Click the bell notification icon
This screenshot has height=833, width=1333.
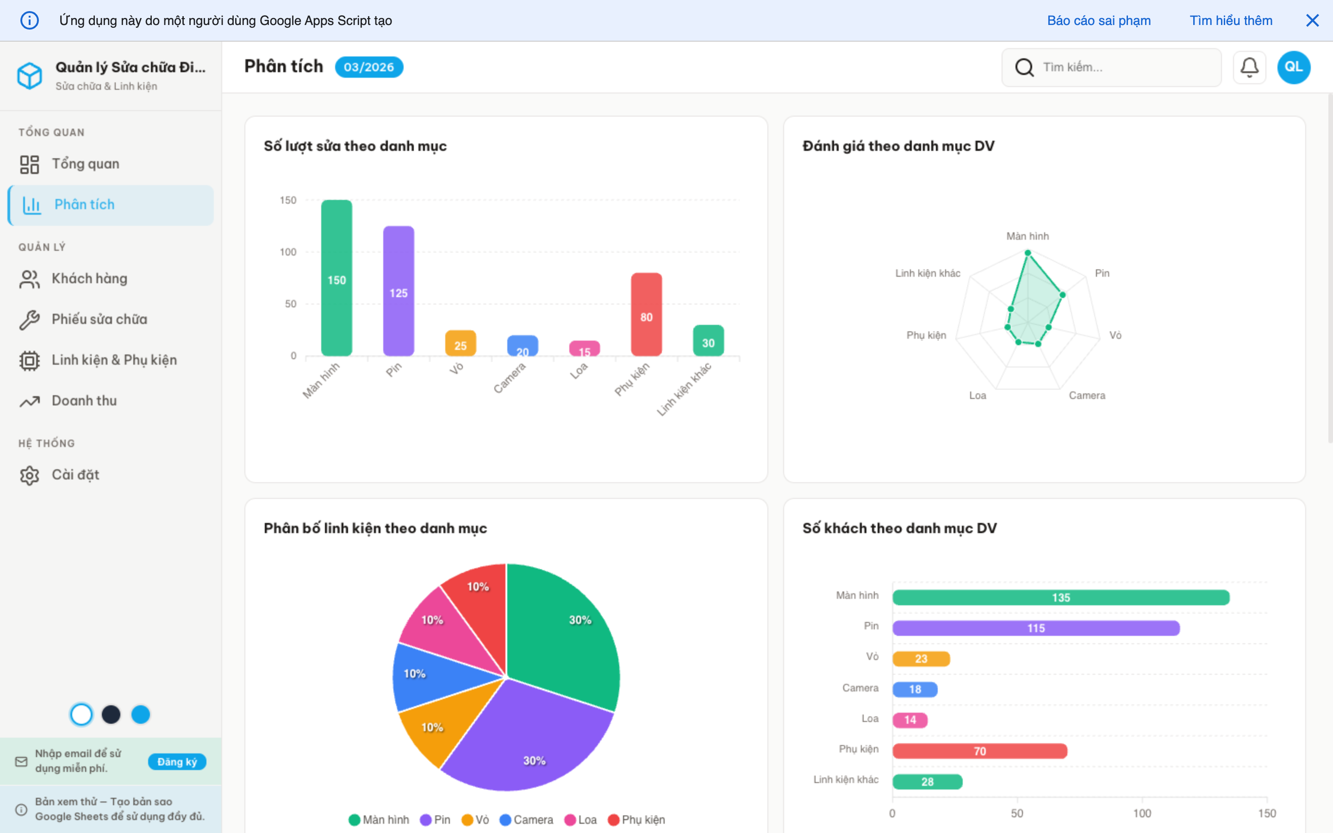click(1249, 67)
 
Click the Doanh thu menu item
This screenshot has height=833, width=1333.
click(84, 400)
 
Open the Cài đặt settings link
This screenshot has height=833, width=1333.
click(75, 474)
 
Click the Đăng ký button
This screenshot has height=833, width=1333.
click(177, 761)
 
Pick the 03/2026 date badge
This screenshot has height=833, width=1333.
click(368, 67)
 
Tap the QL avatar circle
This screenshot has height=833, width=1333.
click(1293, 67)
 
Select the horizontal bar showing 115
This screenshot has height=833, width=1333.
click(1035, 628)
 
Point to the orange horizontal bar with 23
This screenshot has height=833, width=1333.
click(921, 659)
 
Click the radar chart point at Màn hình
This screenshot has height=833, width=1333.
click(1028, 253)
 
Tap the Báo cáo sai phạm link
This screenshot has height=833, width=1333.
click(1098, 20)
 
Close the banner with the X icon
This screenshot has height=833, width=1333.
click(1312, 20)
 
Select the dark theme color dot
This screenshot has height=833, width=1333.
click(111, 715)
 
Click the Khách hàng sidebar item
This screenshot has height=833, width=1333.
click(89, 278)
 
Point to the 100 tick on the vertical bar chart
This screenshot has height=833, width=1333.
click(287, 252)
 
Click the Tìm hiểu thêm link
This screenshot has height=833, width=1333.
click(1231, 20)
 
